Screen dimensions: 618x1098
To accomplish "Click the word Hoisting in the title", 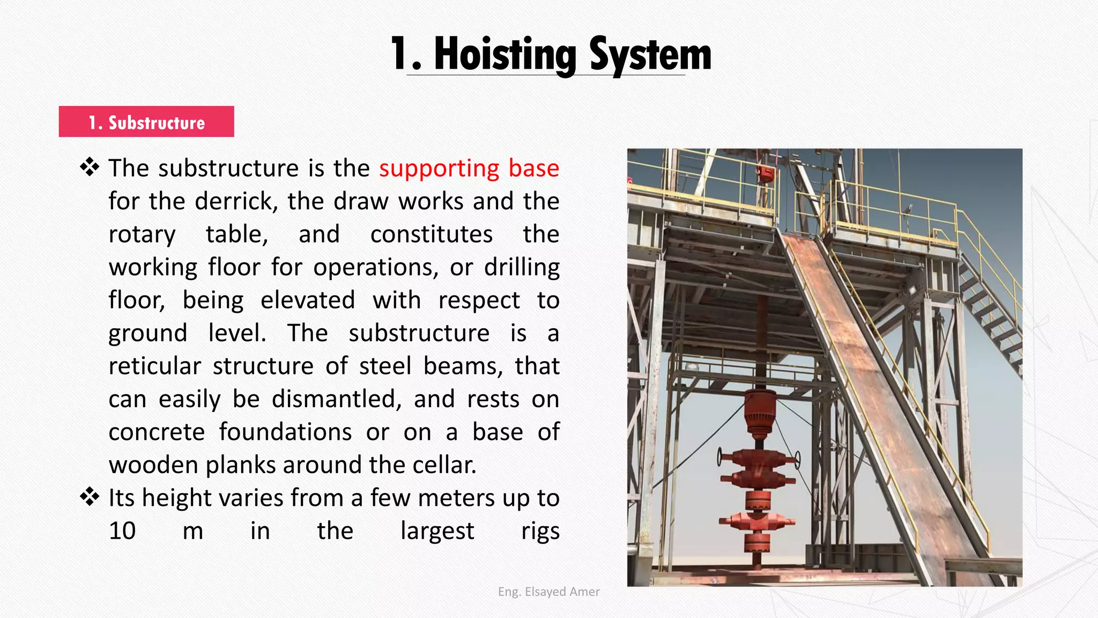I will (505, 55).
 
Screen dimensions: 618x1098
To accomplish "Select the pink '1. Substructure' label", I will (146, 122).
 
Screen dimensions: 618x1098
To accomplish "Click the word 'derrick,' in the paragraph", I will (236, 202).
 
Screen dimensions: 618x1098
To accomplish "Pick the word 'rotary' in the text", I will (142, 235).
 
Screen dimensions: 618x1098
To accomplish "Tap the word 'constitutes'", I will (431, 234).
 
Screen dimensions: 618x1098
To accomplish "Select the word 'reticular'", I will (154, 366).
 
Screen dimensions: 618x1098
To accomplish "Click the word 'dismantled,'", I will (336, 399).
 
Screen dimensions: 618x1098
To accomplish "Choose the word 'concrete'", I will (157, 432).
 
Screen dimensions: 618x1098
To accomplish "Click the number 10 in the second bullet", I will (122, 531).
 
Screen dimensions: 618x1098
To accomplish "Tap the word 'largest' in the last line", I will (437, 531).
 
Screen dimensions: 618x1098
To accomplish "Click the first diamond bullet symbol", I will (90, 168).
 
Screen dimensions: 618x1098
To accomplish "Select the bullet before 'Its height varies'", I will (90, 497).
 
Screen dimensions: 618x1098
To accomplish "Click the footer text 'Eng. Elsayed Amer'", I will (548, 592).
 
